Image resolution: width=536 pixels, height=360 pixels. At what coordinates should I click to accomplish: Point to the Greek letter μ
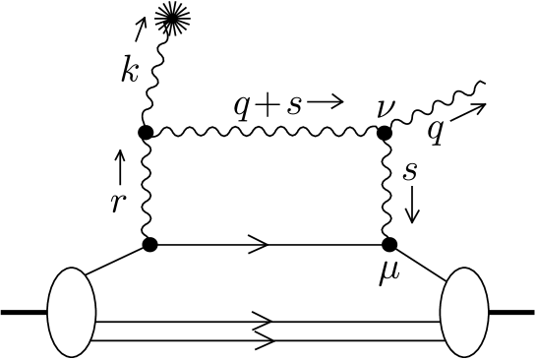pos(389,270)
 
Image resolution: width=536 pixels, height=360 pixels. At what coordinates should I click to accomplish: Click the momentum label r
pos(120,202)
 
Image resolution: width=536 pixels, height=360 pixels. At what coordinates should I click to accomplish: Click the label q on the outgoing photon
pos(435,130)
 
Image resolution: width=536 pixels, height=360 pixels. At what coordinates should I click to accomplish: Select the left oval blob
pos(71,314)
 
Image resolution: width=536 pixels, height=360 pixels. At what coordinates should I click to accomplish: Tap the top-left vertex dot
pos(145,131)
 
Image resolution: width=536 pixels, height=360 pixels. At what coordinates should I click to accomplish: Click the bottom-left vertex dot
pos(150,243)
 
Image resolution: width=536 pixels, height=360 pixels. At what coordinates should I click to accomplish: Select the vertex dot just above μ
pos(389,244)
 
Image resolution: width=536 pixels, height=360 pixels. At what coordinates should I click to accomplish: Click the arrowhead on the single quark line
pos(264,244)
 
